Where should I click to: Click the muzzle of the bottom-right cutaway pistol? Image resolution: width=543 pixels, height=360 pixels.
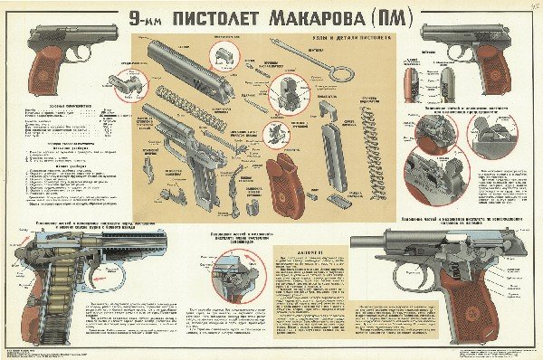point(358,242)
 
